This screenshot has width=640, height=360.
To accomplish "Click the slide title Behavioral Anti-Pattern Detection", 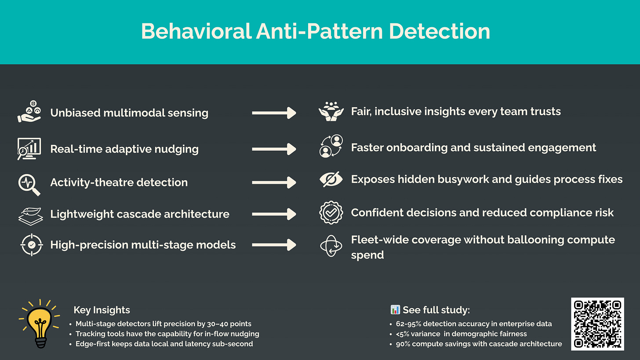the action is (316, 31).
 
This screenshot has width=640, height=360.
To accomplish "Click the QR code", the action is (597, 324).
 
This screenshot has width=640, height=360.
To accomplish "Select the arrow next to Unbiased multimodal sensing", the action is (274, 113).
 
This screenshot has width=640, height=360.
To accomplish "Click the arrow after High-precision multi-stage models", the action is (274, 245).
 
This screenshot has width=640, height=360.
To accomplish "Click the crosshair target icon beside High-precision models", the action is (32, 245).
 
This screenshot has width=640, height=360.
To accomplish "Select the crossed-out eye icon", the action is (331, 180).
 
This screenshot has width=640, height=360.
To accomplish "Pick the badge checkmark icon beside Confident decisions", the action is (331, 213).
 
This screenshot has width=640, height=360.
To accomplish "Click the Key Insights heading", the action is (102, 310).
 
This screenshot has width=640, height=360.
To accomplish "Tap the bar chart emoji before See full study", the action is (395, 310).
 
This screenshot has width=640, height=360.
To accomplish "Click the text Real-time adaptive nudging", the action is (124, 149).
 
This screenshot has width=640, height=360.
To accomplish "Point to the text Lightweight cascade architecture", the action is (140, 214).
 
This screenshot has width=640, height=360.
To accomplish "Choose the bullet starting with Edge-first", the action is (164, 344).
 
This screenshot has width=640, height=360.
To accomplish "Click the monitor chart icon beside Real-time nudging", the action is (29, 149).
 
